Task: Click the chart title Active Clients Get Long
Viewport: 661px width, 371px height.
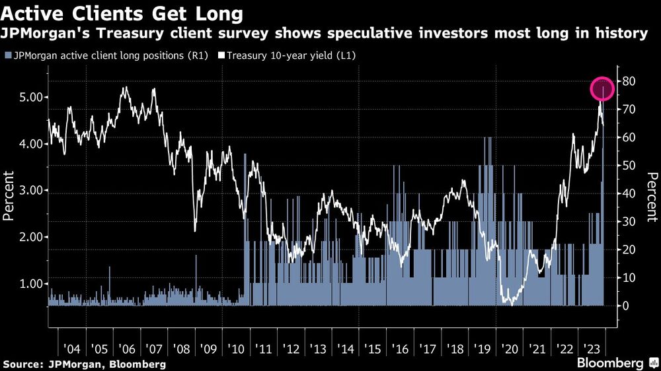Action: (122, 13)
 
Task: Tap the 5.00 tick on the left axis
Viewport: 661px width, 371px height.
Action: (27, 97)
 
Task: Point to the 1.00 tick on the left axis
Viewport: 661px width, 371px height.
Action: (27, 284)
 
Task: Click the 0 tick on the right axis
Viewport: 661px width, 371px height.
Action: (625, 306)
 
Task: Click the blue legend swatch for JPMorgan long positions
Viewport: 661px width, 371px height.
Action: (7, 55)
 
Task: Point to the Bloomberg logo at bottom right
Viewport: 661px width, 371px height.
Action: (611, 363)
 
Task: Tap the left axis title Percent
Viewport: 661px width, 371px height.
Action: (9, 195)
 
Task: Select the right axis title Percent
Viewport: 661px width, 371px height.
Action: (650, 195)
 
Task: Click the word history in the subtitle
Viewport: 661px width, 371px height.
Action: (623, 33)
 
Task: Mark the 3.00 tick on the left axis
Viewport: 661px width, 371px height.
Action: (27, 190)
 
